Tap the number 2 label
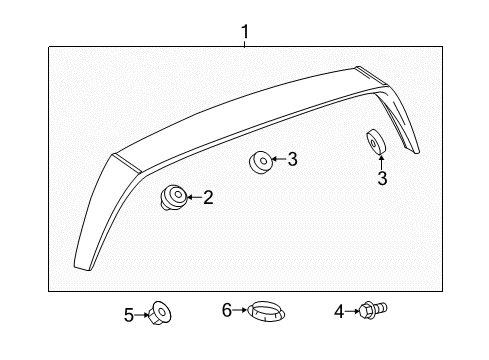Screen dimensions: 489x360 pyautogui.click(x=208, y=198)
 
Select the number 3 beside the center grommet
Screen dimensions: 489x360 pyautogui.click(x=292, y=158)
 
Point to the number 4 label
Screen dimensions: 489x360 pyautogui.click(x=338, y=313)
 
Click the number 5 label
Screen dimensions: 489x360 pyautogui.click(x=129, y=315)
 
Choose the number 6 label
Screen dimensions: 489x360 pyautogui.click(x=227, y=311)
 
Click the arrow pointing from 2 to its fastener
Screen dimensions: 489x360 pyautogui.click(x=192, y=198)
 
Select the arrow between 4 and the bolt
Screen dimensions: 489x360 pyautogui.click(x=352, y=313)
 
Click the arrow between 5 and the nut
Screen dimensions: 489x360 pyautogui.click(x=142, y=315)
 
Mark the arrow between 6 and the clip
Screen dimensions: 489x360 pyautogui.click(x=241, y=311)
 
